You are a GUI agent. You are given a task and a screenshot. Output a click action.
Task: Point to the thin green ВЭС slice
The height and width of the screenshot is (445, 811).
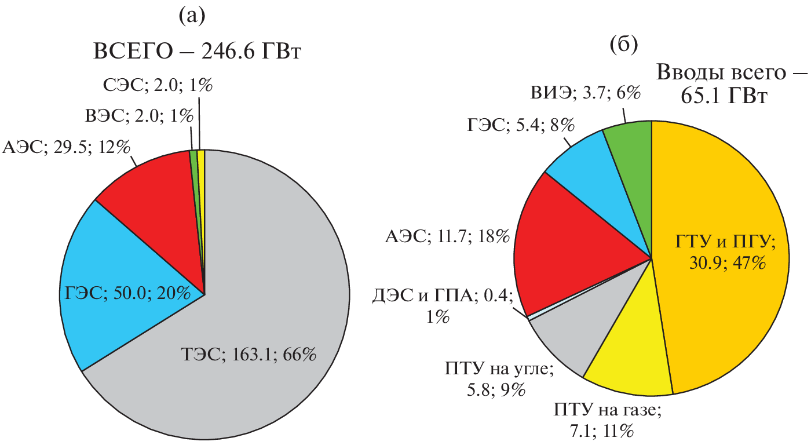tap(195, 174)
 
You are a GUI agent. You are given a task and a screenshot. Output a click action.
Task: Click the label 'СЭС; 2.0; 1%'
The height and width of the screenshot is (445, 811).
tap(156, 87)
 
